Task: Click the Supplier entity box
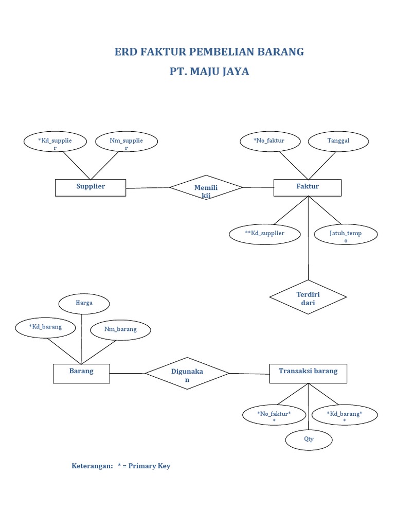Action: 91,187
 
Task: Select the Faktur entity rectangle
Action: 307,187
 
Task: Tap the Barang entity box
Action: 81,373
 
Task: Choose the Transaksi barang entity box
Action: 308,373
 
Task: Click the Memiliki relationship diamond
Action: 206,189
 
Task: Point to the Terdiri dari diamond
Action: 308,297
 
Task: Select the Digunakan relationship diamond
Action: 187,373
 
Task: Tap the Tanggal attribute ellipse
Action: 338,142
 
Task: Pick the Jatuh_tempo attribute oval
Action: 346,235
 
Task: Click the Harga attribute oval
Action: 84,304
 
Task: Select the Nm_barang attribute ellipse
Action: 120,330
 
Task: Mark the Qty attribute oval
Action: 309,440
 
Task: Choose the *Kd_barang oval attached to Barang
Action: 45,327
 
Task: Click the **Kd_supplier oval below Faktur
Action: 264,234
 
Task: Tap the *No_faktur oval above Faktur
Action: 270,142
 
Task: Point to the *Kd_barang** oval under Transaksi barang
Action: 345,415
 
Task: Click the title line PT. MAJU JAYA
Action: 209,72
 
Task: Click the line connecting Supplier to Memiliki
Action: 148,188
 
